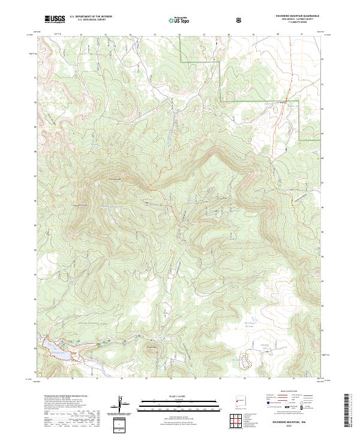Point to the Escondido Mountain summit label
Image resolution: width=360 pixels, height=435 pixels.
(x=114, y=179)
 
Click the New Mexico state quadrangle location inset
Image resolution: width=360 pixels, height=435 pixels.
(x=239, y=398)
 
